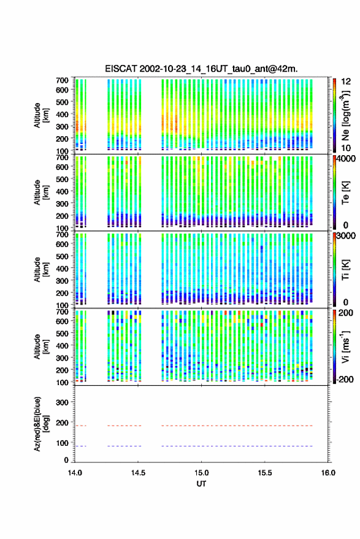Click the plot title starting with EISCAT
[x=201, y=69]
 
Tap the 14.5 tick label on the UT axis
[x=138, y=473]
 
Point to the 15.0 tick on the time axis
[x=201, y=473]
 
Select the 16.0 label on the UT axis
[x=328, y=473]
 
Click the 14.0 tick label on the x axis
[x=75, y=473]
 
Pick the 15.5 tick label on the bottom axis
[x=265, y=473]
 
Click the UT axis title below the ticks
[x=201, y=484]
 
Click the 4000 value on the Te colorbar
[x=347, y=159]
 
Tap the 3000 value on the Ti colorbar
[x=347, y=236]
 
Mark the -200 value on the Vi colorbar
[x=345, y=379]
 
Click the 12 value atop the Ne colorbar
[x=346, y=82]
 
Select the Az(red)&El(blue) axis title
[x=41, y=424]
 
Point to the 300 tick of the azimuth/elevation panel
[x=62, y=402]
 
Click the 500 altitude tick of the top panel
[x=62, y=102]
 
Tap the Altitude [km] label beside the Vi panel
[x=41, y=346]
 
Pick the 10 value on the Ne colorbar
[x=346, y=148]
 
